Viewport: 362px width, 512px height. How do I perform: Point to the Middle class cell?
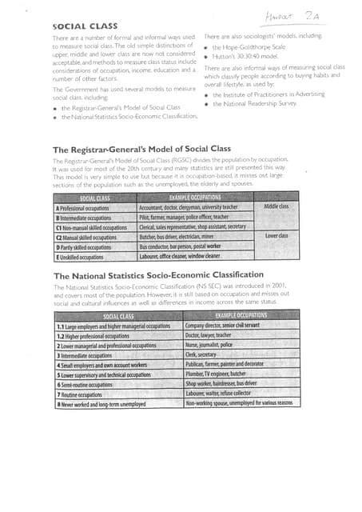[276, 206]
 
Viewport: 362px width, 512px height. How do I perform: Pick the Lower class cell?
[276, 236]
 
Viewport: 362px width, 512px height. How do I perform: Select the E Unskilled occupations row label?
[80, 258]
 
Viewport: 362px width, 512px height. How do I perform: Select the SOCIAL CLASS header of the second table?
[118, 316]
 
